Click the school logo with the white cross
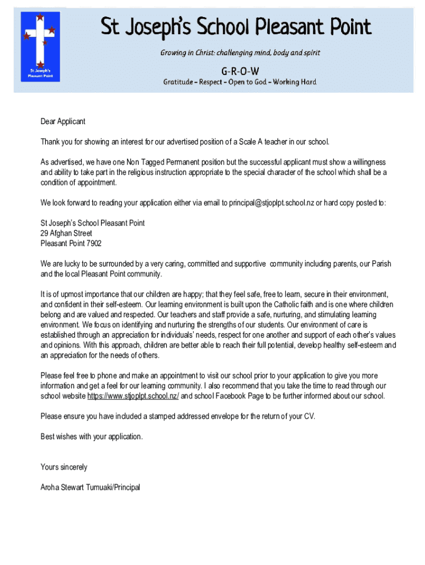pyautogui.click(x=40, y=46)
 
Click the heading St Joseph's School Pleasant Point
pyautogui.click(x=236, y=28)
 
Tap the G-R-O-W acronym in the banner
pyautogui.click(x=240, y=71)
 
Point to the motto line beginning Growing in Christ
pyautogui.click(x=240, y=53)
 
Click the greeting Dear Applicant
pyautogui.click(x=63, y=121)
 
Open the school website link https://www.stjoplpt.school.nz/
pyautogui.click(x=133, y=396)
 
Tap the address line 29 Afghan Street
pyautogui.click(x=66, y=233)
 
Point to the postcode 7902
pyautogui.click(x=94, y=243)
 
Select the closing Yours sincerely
pyautogui.click(x=64, y=467)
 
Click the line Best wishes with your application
pyautogui.click(x=92, y=436)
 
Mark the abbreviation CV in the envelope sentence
pyautogui.click(x=310, y=416)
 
